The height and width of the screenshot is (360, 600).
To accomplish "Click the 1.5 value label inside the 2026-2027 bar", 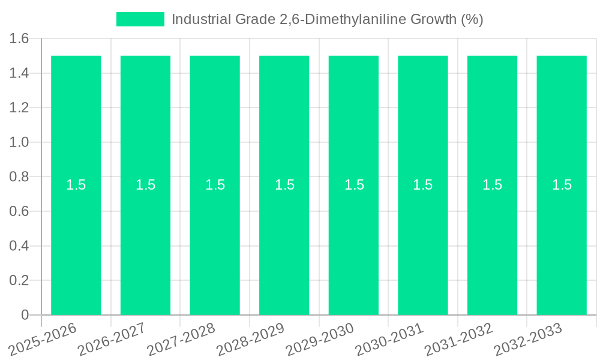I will point(145,185).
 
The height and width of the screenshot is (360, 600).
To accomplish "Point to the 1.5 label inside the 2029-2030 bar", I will point(354,185).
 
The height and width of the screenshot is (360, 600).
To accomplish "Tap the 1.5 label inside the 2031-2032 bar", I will point(492,185).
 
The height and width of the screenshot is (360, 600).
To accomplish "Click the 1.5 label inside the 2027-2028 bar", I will point(215,185).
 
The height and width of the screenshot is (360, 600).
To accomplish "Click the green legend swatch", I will point(140,19).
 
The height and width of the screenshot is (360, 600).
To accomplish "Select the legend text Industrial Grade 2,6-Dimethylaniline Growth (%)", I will point(327,19).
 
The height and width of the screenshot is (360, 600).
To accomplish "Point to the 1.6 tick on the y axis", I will point(19,39).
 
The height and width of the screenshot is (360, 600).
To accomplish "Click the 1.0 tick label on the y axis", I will point(19,142).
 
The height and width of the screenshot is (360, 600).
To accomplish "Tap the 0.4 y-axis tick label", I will point(19,246).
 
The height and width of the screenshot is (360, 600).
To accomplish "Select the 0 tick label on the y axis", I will point(25,315).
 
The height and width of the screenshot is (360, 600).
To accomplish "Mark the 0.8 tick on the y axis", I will point(19,177).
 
